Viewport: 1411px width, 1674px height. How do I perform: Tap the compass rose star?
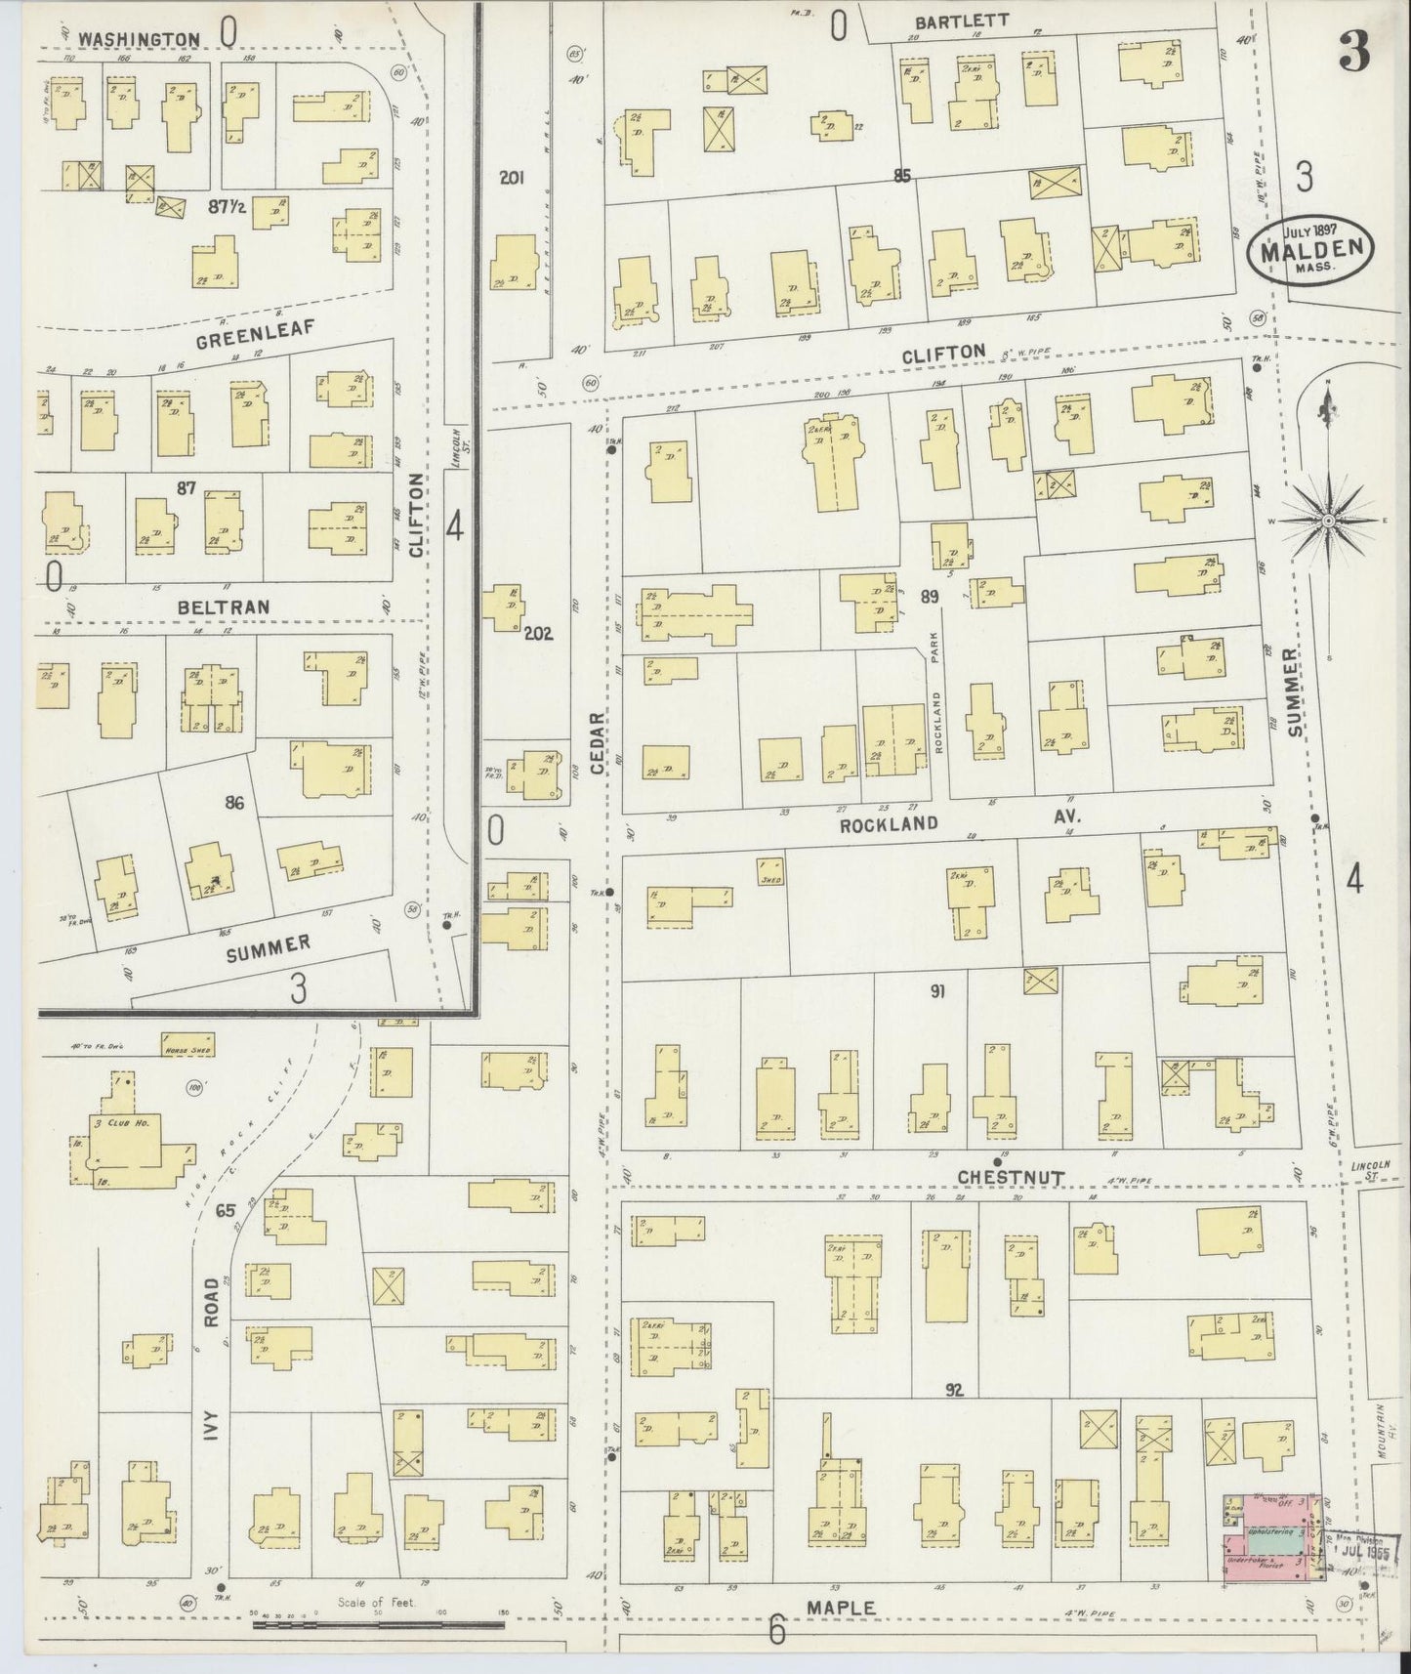tap(1328, 523)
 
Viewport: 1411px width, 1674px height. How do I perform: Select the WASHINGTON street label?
tap(140, 40)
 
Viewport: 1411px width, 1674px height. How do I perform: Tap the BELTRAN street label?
tap(224, 607)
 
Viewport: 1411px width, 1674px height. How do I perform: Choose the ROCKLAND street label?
tap(889, 824)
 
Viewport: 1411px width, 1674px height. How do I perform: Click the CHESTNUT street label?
tap(1011, 1178)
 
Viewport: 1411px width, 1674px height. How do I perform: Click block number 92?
tap(954, 1389)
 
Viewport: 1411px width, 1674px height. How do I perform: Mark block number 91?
tap(936, 992)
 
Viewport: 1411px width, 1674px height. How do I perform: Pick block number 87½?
tap(227, 207)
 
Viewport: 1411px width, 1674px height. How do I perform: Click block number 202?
tap(538, 633)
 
